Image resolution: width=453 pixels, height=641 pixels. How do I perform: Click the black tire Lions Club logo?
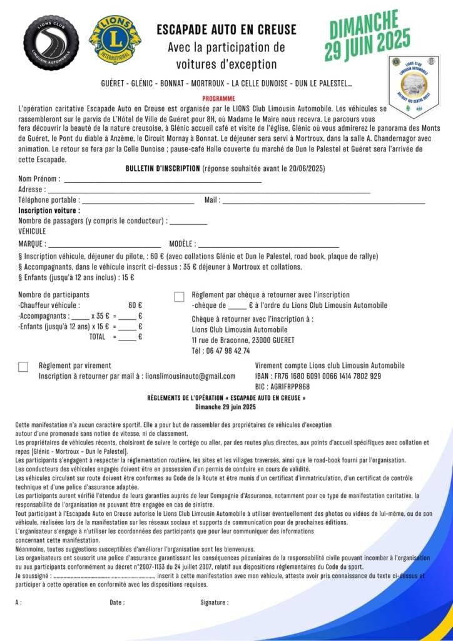coord(51,43)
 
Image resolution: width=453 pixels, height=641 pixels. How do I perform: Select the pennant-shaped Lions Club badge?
coord(414,86)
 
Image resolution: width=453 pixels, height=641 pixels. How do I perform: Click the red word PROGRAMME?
coord(219,99)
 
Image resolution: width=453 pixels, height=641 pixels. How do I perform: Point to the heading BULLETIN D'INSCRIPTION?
coord(163,168)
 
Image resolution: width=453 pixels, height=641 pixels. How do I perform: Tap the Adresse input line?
coord(209,190)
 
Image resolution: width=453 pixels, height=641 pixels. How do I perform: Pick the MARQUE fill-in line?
coord(104,245)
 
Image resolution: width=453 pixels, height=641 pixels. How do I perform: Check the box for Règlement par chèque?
coord(180,297)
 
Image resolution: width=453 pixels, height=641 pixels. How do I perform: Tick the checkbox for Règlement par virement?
coord(23,367)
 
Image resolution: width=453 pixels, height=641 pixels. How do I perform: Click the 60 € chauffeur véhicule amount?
coord(135,305)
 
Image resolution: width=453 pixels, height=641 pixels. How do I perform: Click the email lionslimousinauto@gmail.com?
coord(190,376)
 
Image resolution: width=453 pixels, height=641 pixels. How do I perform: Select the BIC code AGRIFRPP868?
coord(282,386)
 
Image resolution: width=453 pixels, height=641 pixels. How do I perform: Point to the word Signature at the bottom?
coord(214,602)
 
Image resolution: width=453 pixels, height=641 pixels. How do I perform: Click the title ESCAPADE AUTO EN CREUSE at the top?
coord(226,29)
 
